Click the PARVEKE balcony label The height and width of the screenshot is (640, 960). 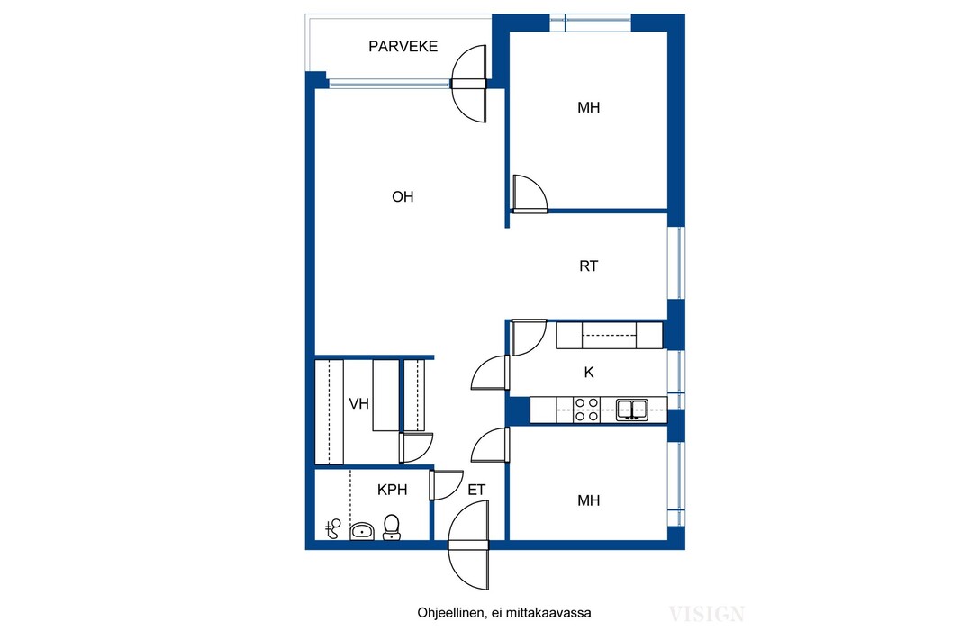pos(403,47)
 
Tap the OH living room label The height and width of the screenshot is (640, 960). pos(403,196)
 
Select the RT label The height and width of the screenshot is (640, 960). pos(588,266)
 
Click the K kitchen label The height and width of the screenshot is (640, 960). pos(589,372)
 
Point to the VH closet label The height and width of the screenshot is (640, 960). pos(358,404)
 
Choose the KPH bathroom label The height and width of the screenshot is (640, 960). pos(392,490)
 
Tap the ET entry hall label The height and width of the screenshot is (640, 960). pos(476,490)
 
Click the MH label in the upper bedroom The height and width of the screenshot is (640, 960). pos(588,108)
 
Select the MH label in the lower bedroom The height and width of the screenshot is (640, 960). pos(588,500)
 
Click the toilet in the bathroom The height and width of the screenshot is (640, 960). pos(392,527)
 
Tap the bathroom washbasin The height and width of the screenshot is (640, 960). pos(362,531)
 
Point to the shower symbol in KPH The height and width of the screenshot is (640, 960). pos(333,528)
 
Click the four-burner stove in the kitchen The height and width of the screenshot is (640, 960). pos(586,410)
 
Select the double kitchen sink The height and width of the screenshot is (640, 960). pos(632,410)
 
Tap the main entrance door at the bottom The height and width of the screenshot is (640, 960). pos(469,545)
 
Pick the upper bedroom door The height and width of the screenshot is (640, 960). pos(530,194)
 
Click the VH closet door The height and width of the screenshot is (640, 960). pos(416,448)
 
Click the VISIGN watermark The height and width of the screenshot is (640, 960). pos(707,614)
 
